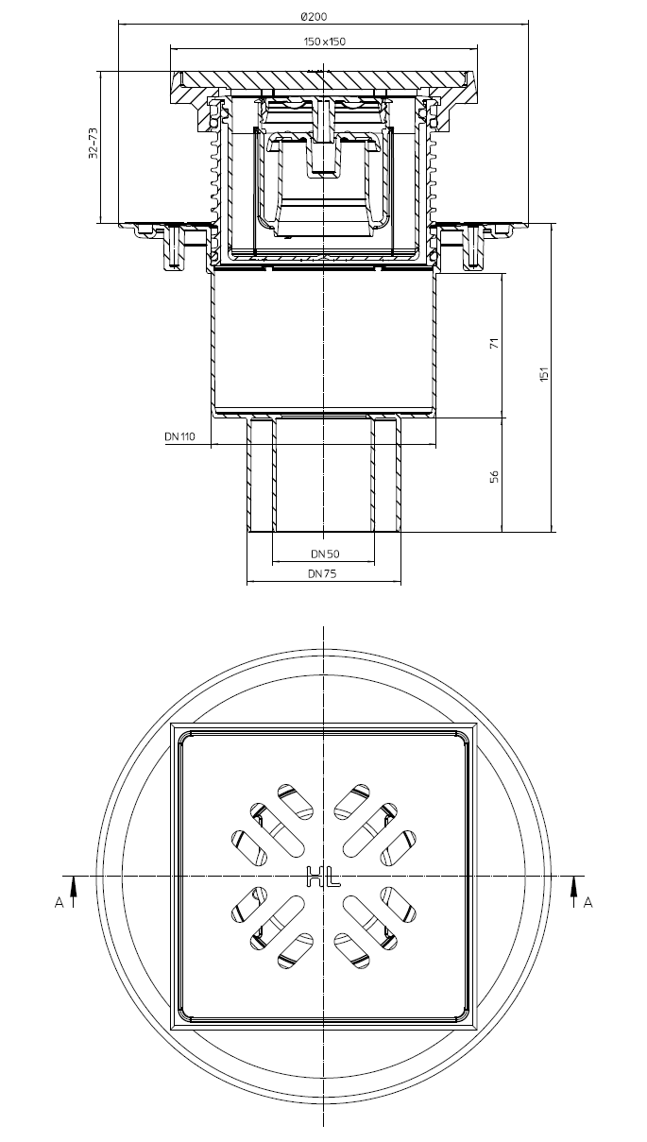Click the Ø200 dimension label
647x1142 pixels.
tap(314, 17)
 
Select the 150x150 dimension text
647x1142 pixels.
tap(325, 42)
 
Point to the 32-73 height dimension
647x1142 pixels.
tap(94, 144)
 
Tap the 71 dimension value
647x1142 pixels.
tap(494, 343)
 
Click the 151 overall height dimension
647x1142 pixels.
tap(545, 374)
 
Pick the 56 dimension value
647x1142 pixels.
tap(494, 477)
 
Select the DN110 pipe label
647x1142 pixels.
tap(179, 436)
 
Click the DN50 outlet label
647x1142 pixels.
tap(325, 554)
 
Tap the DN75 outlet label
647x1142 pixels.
tap(322, 573)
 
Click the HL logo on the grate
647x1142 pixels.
tap(323, 877)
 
